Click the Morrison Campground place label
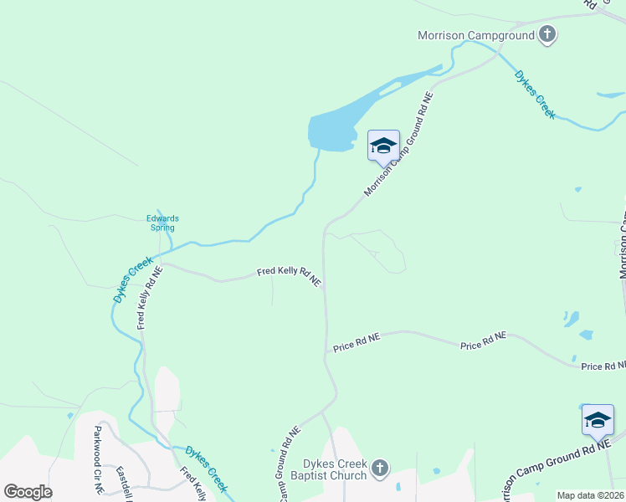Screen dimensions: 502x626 (x=476, y=35)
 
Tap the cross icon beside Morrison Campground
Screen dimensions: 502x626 (x=548, y=35)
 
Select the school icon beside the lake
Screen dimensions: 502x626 (x=383, y=146)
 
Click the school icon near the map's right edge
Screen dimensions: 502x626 (x=598, y=419)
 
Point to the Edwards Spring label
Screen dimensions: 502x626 (x=163, y=223)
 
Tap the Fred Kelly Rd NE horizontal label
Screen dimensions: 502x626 (x=289, y=276)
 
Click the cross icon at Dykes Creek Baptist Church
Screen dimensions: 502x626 (x=380, y=468)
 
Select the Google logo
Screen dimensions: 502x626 (x=28, y=492)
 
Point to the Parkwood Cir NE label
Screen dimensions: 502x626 (x=98, y=458)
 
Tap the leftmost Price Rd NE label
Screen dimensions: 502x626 (x=357, y=341)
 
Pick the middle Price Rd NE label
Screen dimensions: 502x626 (x=484, y=341)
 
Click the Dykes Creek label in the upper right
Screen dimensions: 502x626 (x=535, y=95)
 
